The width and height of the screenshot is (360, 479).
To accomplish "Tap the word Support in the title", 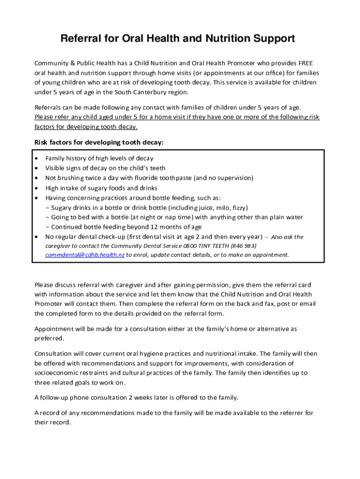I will point(274,39).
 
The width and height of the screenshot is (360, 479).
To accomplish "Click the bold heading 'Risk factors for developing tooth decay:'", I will point(99,142).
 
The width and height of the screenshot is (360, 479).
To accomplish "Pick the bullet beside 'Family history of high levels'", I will point(37,159).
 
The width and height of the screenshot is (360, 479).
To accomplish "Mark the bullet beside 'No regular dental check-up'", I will point(37,237).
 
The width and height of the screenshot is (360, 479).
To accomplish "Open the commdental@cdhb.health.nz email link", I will point(85,255).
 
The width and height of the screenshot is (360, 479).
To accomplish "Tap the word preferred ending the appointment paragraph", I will point(49,338).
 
